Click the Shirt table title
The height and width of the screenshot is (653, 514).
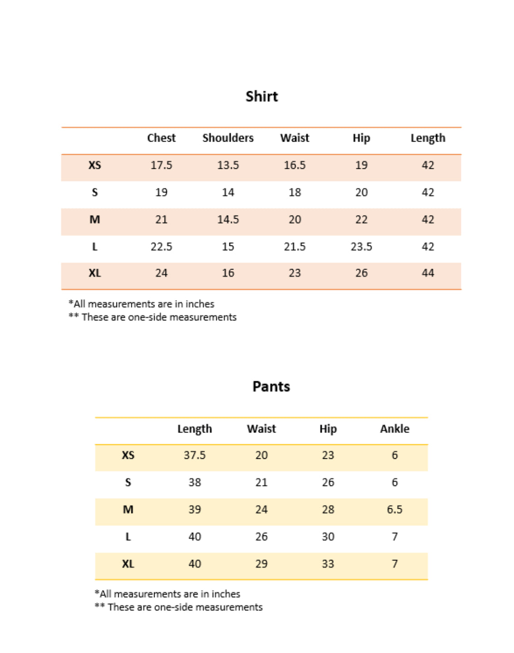pyautogui.click(x=262, y=96)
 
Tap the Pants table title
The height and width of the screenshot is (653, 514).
pyautogui.click(x=271, y=386)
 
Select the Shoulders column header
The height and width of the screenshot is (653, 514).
pyautogui.click(x=228, y=138)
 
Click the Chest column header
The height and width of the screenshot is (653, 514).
pyautogui.click(x=161, y=138)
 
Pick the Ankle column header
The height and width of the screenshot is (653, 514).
pyautogui.click(x=394, y=429)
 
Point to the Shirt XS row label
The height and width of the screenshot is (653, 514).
pyautogui.click(x=95, y=165)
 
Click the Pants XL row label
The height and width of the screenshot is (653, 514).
pyautogui.click(x=128, y=564)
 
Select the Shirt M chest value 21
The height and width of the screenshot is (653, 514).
pyautogui.click(x=161, y=220)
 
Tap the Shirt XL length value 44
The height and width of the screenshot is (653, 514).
pyautogui.click(x=428, y=273)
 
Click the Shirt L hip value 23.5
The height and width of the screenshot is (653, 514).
pyautogui.click(x=361, y=247)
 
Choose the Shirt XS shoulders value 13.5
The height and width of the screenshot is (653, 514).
pyautogui.click(x=228, y=165)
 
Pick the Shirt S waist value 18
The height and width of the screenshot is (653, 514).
pyautogui.click(x=295, y=192)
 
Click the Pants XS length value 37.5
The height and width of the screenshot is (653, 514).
pyautogui.click(x=194, y=455)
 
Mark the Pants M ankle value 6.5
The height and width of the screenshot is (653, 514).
pyautogui.click(x=394, y=510)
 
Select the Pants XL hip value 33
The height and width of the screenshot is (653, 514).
pyautogui.click(x=328, y=564)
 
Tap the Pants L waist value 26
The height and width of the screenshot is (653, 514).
pyautogui.click(x=261, y=537)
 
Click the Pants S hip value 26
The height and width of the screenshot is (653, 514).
pyautogui.click(x=328, y=482)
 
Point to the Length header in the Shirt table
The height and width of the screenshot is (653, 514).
pyautogui.click(x=428, y=138)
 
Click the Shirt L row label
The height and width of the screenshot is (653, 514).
pyautogui.click(x=95, y=247)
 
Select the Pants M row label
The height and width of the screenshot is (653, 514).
pyautogui.click(x=128, y=510)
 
